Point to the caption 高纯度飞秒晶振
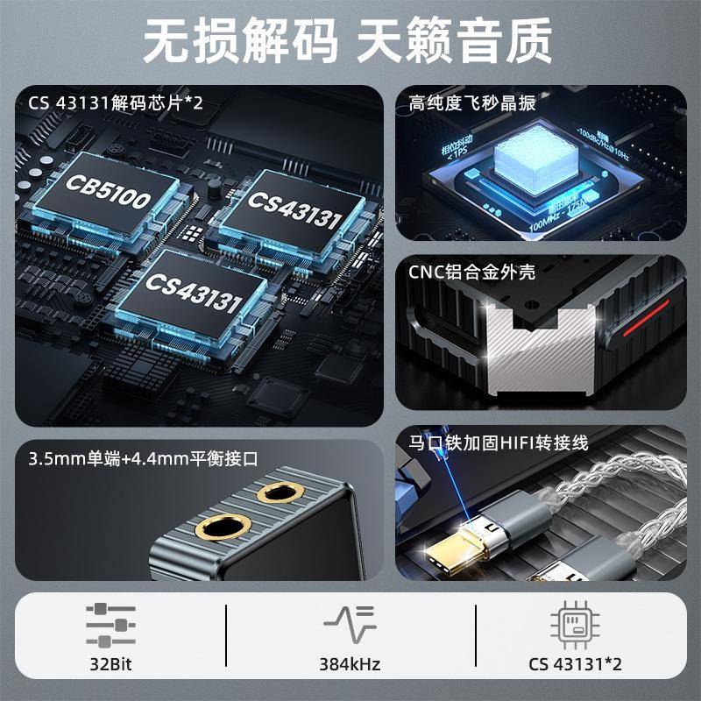coord(472,103)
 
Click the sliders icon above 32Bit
coord(111,624)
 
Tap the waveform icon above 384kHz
coord(350,624)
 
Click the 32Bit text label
coord(111,664)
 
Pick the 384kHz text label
coord(350,664)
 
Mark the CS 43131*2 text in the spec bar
coord(573,664)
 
